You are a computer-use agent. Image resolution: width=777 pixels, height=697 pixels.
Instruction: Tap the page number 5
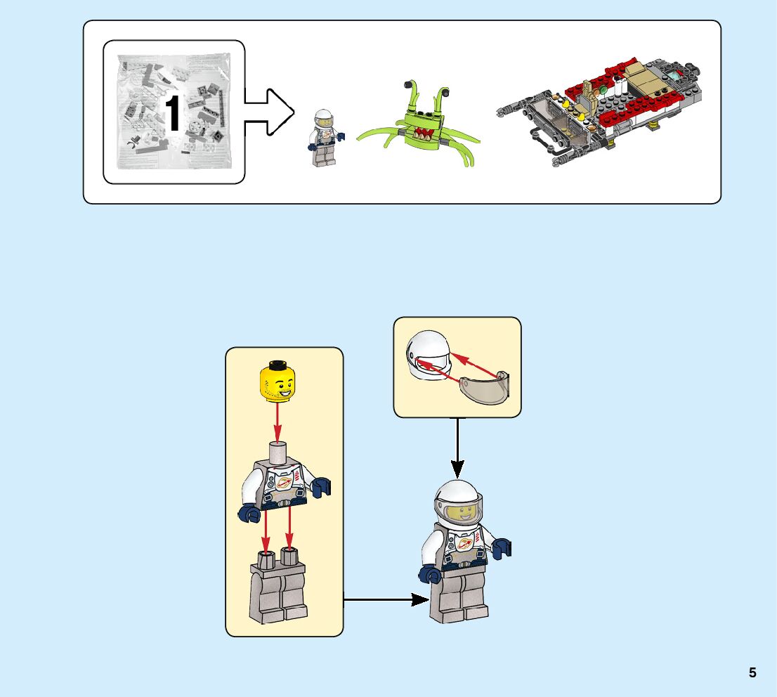[x=752, y=672]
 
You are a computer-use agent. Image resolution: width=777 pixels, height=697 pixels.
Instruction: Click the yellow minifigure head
[x=277, y=381]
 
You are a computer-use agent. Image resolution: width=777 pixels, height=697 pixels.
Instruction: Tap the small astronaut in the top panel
[x=321, y=137]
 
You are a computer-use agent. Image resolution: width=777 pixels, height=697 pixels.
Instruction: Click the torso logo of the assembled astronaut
[x=464, y=545]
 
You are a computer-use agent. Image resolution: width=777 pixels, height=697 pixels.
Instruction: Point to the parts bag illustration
[x=174, y=112]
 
